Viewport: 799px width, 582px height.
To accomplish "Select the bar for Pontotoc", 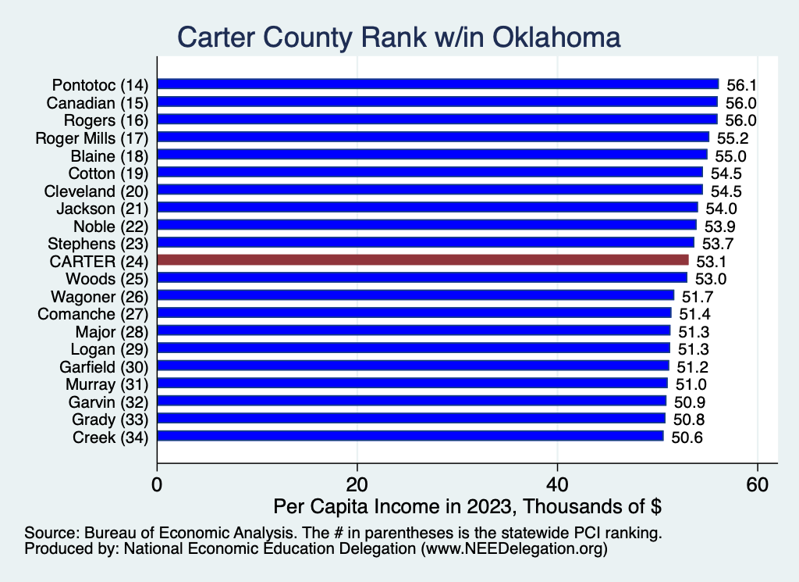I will pyautogui.click(x=438, y=84).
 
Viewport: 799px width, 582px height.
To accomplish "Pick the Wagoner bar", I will pyautogui.click(x=416, y=295).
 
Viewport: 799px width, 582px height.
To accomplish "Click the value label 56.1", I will pyautogui.click(x=742, y=84).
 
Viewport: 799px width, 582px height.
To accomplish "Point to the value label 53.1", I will pyautogui.click(x=712, y=261).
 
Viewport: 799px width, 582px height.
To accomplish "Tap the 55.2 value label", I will pyautogui.click(x=733, y=137).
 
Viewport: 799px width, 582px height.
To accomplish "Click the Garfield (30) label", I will pyautogui.click(x=100, y=366).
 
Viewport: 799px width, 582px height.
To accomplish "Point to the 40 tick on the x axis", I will pyautogui.click(x=557, y=484).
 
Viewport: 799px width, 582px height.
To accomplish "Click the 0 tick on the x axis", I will pyautogui.click(x=158, y=484).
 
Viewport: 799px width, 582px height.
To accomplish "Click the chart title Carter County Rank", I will pyautogui.click(x=399, y=37).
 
